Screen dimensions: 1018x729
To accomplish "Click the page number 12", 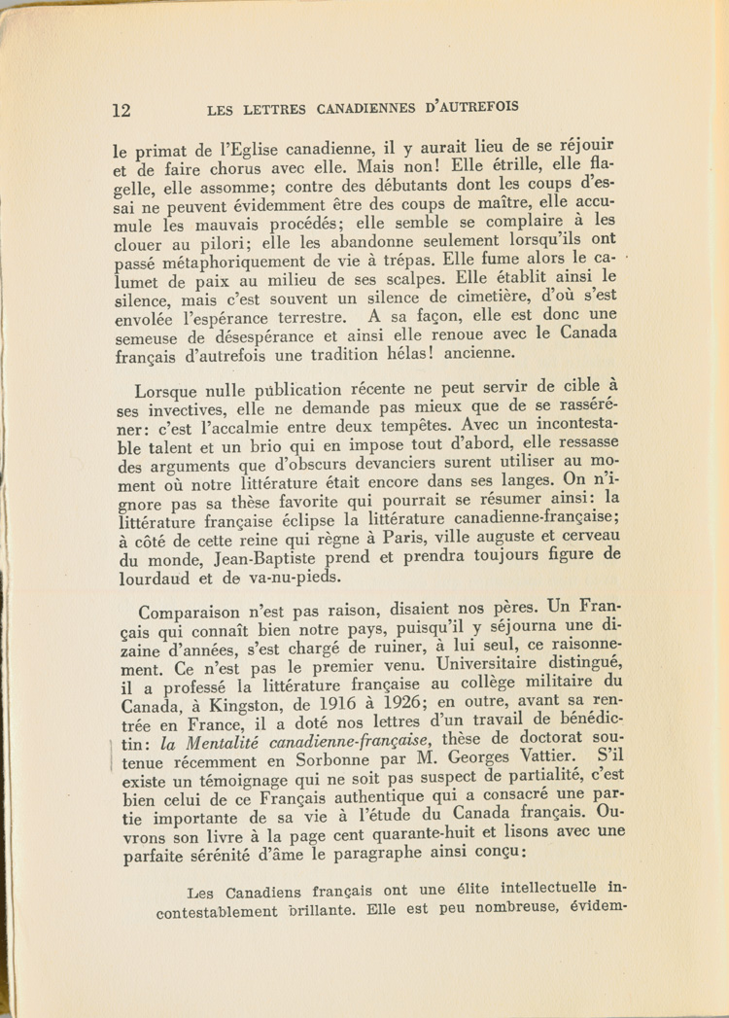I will pyautogui.click(x=121, y=109).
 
